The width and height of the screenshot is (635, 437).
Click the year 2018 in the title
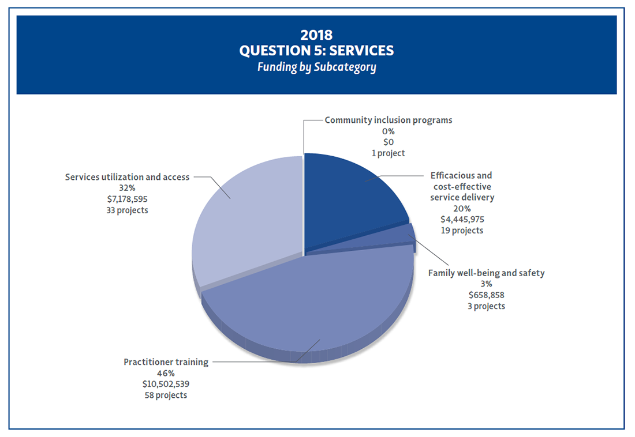(316, 35)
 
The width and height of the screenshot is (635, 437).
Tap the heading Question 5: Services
(316, 51)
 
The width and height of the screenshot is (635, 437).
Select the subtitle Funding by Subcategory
(316, 67)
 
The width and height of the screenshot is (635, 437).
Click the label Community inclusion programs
(388, 120)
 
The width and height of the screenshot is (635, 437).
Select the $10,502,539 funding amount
(166, 384)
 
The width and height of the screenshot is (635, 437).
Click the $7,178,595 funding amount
(127, 199)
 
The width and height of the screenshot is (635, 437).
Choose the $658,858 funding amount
(486, 295)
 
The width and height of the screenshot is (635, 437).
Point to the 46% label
(166, 373)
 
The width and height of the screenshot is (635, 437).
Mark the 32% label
(127, 189)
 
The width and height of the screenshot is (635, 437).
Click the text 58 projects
(166, 395)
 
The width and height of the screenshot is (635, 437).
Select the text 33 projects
(127, 210)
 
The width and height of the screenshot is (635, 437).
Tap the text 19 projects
(462, 230)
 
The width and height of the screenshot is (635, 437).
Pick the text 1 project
(388, 153)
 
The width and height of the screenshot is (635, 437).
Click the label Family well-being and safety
(486, 273)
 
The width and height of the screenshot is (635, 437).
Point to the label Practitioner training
(166, 362)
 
